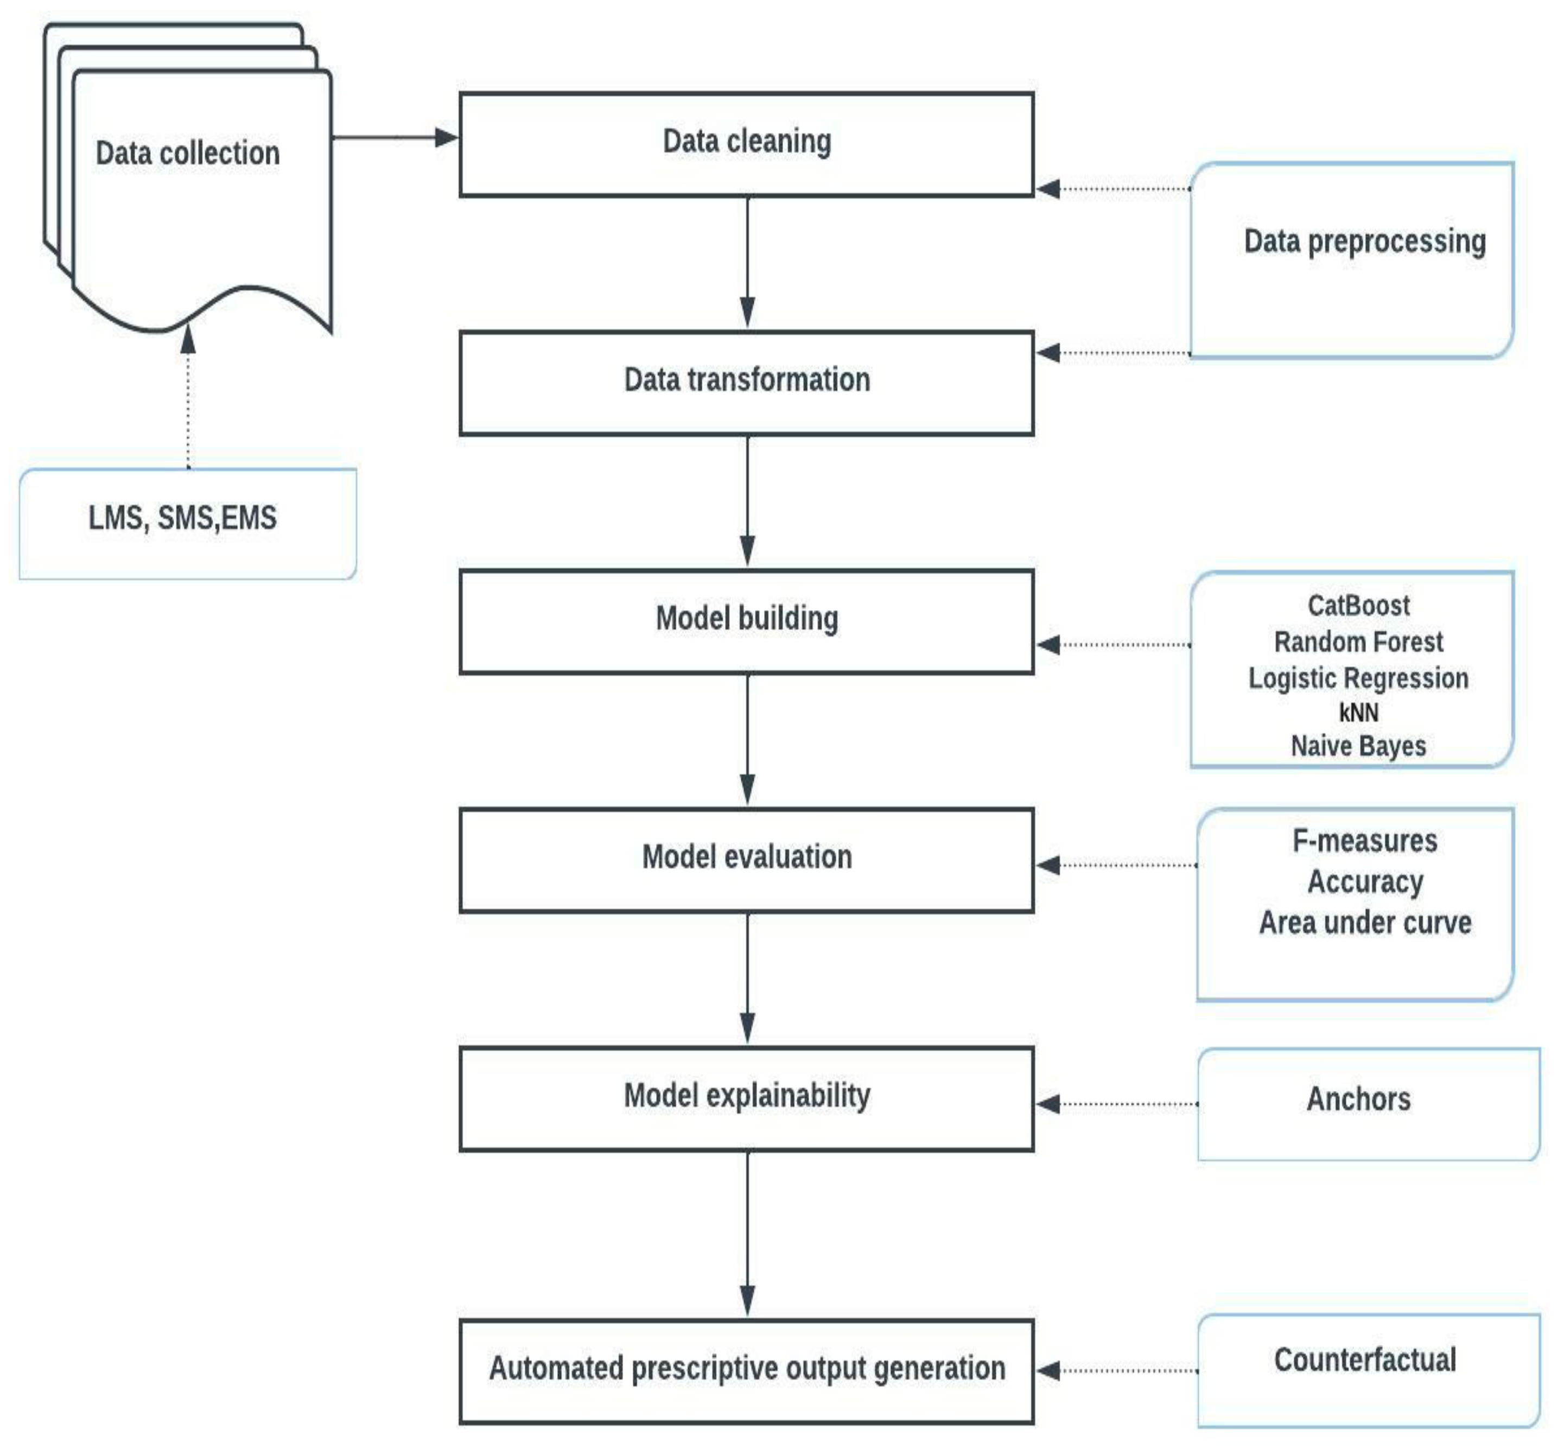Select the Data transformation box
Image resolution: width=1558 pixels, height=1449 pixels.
pos(746,383)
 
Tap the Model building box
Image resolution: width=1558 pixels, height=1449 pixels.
pos(746,621)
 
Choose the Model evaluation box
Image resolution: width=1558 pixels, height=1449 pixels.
pos(746,860)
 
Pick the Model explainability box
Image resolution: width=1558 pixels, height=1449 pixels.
pos(746,1098)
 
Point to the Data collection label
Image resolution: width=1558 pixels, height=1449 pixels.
pos(187,153)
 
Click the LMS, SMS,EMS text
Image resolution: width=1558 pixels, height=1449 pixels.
pos(182,517)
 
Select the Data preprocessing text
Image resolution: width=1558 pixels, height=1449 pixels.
pos(1364,240)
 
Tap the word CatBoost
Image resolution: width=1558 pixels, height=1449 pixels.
pos(1358,605)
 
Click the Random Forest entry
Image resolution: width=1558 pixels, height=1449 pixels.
pos(1358,642)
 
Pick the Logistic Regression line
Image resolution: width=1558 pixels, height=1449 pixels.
pos(1358,678)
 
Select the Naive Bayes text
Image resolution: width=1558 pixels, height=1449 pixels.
pos(1358,745)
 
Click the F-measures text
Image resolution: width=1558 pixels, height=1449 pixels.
pos(1364,841)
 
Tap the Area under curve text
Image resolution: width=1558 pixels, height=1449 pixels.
pos(1364,923)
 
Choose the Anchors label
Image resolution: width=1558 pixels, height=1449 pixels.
pos(1358,1099)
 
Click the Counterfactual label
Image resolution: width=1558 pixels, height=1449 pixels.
pos(1364,1359)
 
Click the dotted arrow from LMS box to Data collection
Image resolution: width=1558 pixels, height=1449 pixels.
pos(188,399)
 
